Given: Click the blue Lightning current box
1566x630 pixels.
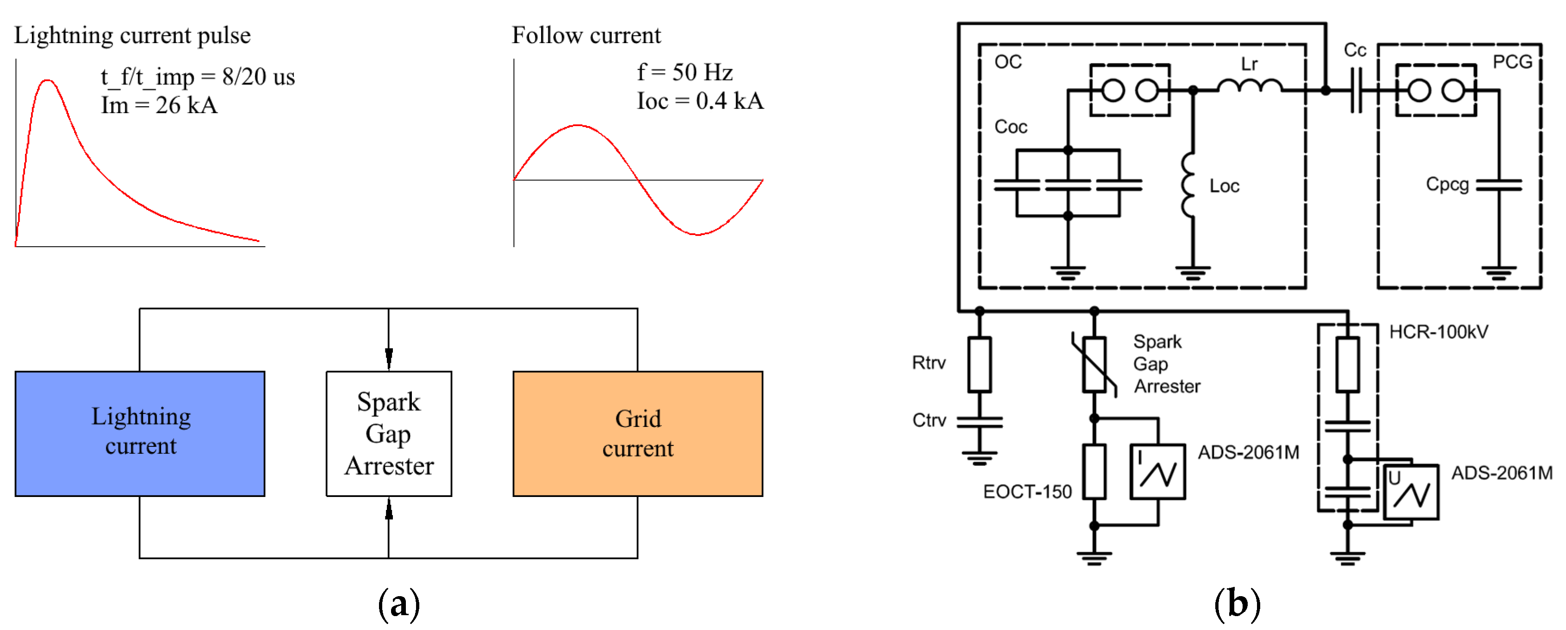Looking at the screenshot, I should point(140,433).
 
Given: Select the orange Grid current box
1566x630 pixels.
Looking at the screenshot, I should point(637,433).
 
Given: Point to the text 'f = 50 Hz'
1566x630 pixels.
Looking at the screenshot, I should point(684,72).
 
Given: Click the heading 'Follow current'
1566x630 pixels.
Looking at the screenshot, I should point(586,35).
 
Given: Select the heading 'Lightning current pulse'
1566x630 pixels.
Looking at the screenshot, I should point(132,35).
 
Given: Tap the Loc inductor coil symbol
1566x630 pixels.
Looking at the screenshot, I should point(1188,185).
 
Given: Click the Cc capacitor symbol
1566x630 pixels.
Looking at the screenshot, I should point(1356,90).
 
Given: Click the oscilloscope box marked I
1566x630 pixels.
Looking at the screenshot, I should point(1157,472).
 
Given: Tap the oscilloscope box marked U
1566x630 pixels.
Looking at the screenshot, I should point(1410,492).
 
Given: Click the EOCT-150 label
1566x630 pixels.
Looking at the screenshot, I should point(1027,491).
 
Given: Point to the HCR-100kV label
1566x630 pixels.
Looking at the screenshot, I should point(1438,332).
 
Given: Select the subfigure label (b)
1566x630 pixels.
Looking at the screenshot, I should point(1237,604).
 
